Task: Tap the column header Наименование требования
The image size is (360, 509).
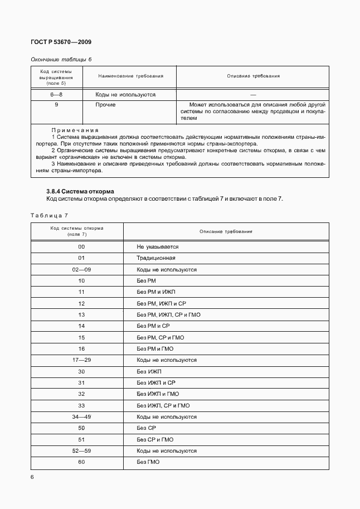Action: [x=131, y=76]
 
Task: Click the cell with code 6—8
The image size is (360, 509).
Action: [x=56, y=95]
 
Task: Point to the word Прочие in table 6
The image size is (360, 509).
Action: [x=105, y=105]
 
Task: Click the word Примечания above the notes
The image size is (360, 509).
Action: [x=75, y=130]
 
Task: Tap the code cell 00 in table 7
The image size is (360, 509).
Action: [x=81, y=246]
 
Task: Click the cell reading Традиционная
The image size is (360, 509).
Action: [x=156, y=258]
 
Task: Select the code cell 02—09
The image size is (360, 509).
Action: [x=81, y=269]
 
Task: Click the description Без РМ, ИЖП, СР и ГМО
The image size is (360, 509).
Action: [x=168, y=315]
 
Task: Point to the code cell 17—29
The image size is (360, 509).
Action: [x=81, y=360]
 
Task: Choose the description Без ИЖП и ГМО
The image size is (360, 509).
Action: [x=158, y=394]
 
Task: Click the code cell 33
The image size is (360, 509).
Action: [x=81, y=405]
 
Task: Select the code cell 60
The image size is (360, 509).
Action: [x=81, y=462]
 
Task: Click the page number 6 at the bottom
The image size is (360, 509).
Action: [x=32, y=477]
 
